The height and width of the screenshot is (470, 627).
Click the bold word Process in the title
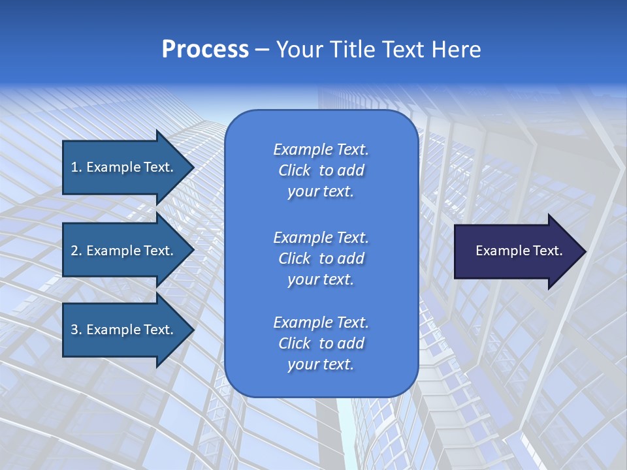pos(205,50)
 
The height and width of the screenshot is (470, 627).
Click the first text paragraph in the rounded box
pos(321,170)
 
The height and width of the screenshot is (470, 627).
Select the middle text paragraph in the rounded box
pos(321,258)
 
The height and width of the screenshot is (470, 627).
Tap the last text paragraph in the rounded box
pos(321,343)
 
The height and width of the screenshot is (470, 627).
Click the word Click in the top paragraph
pos(294,170)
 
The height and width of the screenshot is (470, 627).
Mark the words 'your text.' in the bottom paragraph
pos(321,365)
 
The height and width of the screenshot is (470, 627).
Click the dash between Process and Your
pos(263,50)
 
